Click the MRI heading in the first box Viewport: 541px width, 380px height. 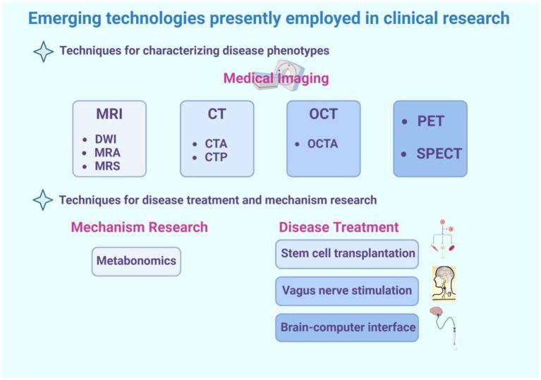109,114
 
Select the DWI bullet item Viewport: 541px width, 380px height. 107,139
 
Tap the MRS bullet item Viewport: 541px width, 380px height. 107,166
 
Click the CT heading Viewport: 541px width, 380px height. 217,114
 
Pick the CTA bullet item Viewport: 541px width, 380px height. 216,144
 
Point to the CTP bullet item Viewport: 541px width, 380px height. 216,157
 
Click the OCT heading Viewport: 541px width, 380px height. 323,114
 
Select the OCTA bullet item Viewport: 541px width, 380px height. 322,144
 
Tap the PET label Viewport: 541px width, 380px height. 430,121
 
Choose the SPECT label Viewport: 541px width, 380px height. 439,153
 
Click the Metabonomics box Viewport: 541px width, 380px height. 136,261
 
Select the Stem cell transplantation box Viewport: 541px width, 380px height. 348,254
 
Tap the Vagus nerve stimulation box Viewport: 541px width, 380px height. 346,290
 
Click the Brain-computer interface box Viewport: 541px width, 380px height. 348,327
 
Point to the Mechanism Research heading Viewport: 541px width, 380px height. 139,227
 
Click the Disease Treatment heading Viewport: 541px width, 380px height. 339,227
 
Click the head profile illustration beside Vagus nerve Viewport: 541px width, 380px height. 444,283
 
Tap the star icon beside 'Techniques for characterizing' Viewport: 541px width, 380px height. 44,51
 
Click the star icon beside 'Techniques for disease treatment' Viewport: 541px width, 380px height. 44,200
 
